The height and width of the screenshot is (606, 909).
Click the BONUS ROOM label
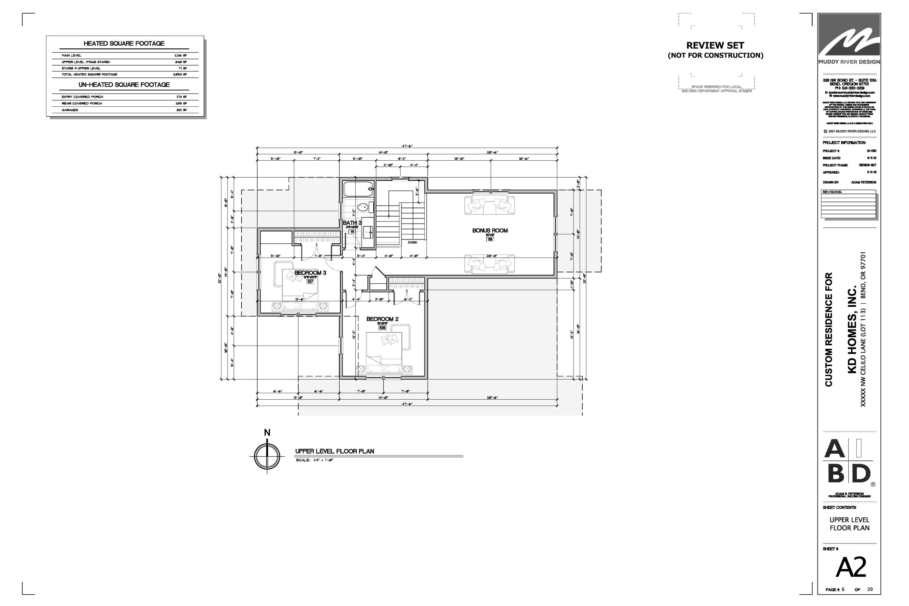(x=490, y=231)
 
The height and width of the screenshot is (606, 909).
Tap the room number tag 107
(x=310, y=282)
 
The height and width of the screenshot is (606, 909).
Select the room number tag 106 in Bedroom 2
(x=382, y=328)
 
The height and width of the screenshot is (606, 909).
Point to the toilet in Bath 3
(x=363, y=208)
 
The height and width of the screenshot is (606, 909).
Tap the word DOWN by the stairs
(x=412, y=242)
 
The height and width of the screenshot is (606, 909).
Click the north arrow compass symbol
(x=267, y=456)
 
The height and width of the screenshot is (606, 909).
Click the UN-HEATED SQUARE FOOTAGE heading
(x=124, y=85)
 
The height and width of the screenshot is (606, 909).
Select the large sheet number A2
(x=851, y=567)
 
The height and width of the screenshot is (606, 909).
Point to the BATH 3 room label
(x=352, y=223)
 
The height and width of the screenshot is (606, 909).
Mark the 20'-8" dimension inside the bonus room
(x=491, y=256)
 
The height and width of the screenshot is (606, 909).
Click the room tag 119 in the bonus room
(x=490, y=240)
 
